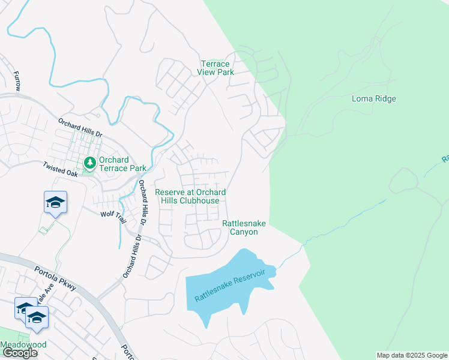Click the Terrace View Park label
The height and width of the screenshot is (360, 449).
tap(214, 68)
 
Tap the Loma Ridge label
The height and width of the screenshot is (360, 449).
tap(373, 98)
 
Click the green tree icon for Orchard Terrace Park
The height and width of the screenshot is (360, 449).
tap(89, 163)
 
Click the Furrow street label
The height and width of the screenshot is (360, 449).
tap(17, 80)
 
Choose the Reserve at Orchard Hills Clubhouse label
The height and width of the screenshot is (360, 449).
tap(190, 196)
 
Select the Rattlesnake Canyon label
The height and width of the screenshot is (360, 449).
tap(244, 227)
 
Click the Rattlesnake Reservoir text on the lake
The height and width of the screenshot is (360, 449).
tap(231, 286)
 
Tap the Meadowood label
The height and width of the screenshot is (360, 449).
tap(23, 345)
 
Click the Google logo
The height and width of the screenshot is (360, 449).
tap(20, 352)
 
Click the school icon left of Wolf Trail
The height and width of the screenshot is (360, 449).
tap(55, 202)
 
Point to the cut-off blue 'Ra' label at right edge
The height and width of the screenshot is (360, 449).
tap(445, 158)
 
